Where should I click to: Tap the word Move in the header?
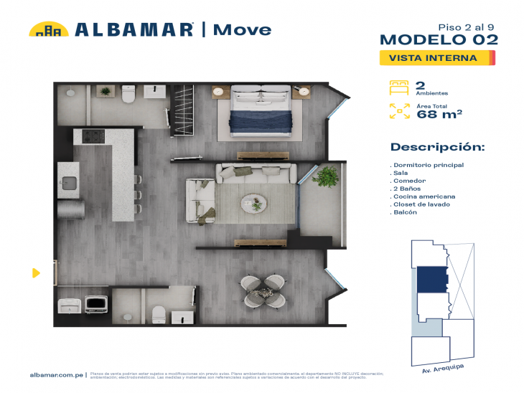point(243,29)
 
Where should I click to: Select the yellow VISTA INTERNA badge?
point(437,58)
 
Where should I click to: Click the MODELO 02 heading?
point(438,39)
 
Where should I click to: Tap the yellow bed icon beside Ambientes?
point(398,87)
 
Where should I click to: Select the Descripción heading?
point(437,147)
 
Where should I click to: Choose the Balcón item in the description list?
point(406,212)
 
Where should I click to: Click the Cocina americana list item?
point(424,196)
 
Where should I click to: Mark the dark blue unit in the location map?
point(431,279)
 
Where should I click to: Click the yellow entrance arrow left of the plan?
point(36,273)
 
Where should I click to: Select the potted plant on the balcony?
point(327,175)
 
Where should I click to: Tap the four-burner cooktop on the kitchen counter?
point(93,136)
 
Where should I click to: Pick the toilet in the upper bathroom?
point(128,94)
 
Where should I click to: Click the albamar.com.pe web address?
point(58,374)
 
